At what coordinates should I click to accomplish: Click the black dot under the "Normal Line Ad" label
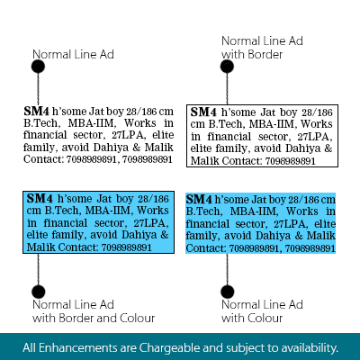coord(38,67)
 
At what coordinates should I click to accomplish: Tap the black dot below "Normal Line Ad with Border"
coord(227,67)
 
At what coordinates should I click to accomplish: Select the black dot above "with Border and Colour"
coord(38,292)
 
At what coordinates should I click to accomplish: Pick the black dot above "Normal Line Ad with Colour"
coord(227,292)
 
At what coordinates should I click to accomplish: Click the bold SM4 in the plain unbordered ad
coord(36,112)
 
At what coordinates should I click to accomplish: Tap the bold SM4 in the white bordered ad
coord(203,112)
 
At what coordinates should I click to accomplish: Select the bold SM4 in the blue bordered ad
coord(40,199)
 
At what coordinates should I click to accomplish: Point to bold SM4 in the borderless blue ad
coord(199,200)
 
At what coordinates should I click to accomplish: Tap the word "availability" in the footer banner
coord(310,348)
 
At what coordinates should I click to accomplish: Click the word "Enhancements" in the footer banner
coord(78,348)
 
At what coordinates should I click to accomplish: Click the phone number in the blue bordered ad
coord(127,247)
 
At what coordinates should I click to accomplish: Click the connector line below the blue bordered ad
coord(38,269)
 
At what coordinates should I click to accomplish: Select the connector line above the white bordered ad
coord(227,89)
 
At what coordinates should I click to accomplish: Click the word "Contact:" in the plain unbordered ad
coord(44,159)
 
